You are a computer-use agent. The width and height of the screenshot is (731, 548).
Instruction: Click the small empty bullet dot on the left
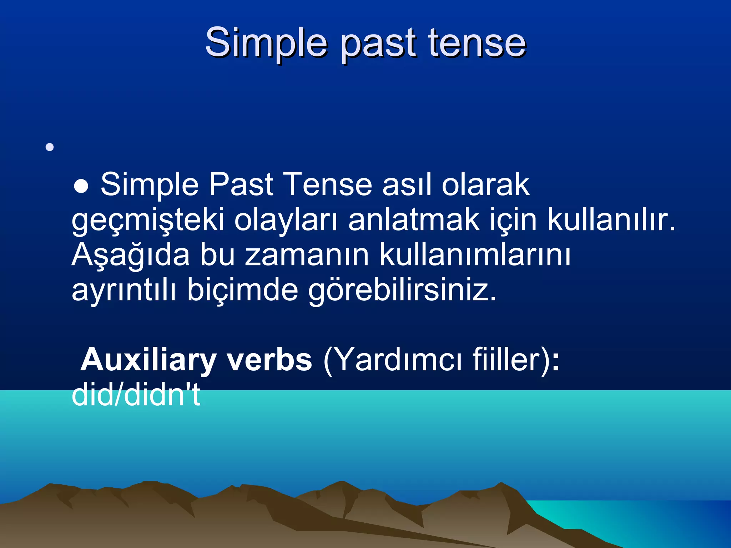point(50,147)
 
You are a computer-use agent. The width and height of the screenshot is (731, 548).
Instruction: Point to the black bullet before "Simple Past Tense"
point(81,186)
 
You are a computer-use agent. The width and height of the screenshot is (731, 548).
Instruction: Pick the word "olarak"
point(485,184)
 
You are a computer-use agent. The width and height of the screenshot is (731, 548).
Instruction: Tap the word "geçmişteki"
point(148,220)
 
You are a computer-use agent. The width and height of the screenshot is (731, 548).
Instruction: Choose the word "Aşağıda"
point(131,255)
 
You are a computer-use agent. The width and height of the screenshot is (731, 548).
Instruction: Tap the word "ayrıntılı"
point(124,290)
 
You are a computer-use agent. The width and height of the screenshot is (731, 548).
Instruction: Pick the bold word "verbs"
point(269,360)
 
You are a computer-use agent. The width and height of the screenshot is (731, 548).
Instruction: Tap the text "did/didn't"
point(136,395)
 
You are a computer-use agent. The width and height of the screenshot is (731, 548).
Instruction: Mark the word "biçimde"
point(242,290)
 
